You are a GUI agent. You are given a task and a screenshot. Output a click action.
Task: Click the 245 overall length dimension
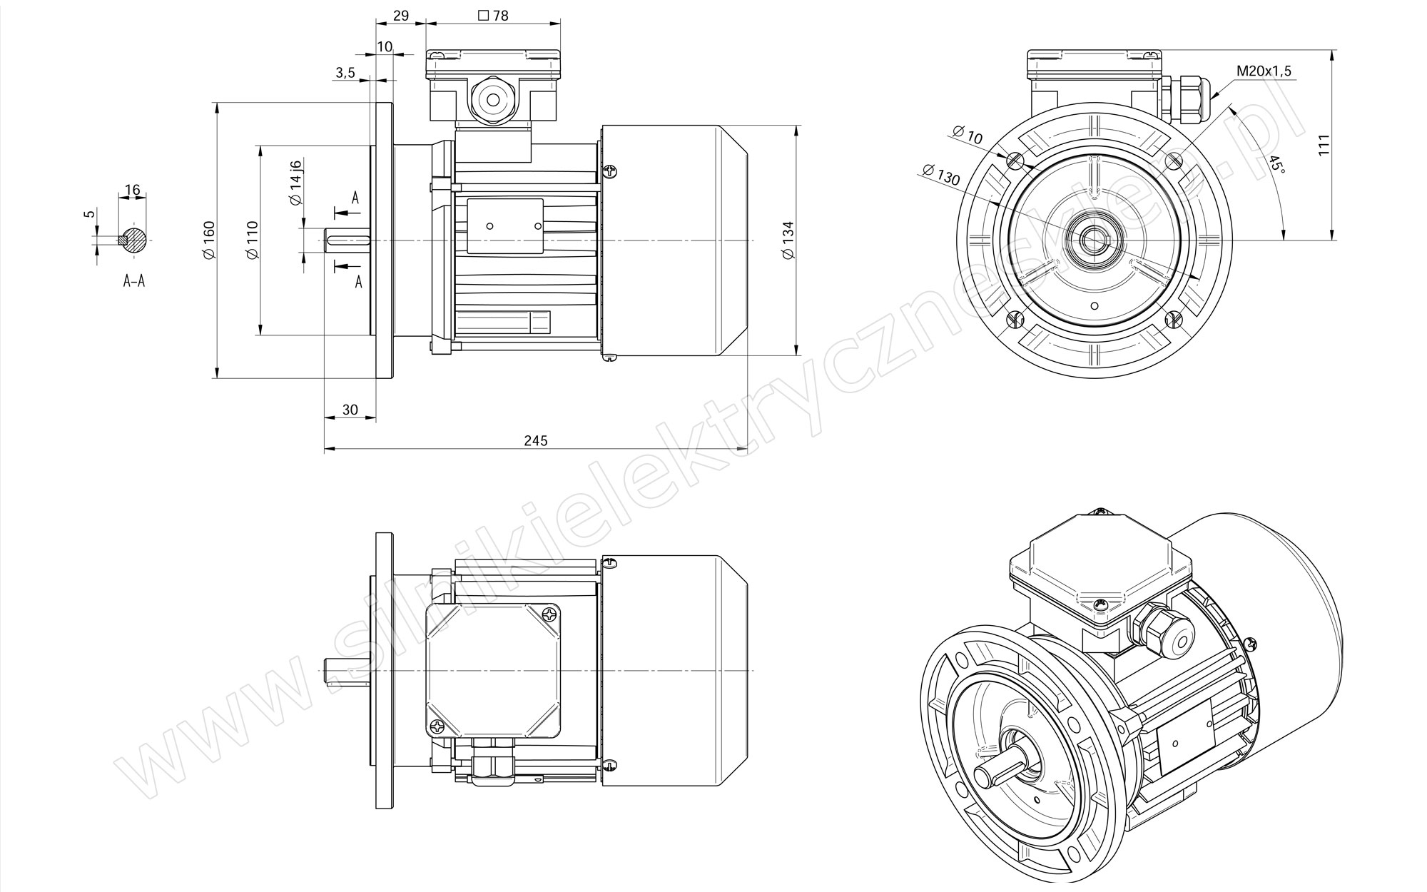[536, 440]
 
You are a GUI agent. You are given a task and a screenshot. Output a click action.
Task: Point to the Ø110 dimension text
[252, 240]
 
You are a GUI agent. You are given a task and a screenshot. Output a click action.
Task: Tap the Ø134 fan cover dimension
[788, 240]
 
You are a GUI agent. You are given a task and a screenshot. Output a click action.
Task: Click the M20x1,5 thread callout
[1264, 71]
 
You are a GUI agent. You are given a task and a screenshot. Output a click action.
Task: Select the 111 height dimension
[1325, 145]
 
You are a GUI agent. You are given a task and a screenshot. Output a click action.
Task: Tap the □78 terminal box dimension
[493, 15]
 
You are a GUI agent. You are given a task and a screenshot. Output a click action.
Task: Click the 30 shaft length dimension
[350, 410]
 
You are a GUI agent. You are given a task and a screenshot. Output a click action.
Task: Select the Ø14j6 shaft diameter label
[296, 182]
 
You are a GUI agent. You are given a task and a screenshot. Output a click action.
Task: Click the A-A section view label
[133, 281]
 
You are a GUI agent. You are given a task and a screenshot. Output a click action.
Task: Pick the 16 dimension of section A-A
[132, 190]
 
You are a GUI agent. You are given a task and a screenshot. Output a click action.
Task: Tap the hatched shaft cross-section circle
[133, 239]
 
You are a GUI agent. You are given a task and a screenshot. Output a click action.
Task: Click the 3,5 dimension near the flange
[345, 72]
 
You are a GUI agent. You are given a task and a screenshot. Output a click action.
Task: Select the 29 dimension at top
[401, 15]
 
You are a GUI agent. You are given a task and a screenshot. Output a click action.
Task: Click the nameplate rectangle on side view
[505, 226]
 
